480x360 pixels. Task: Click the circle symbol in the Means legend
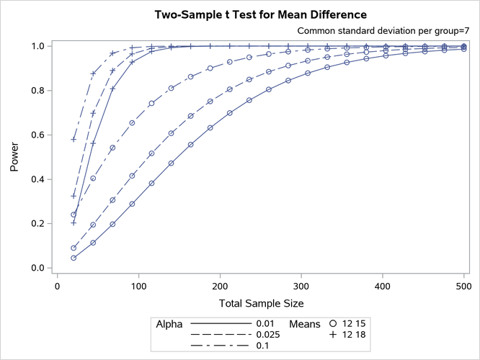tap(333, 324)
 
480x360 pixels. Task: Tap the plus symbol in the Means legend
tap(333, 336)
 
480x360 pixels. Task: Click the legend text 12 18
tap(355, 336)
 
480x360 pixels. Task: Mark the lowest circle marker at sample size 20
tap(74, 258)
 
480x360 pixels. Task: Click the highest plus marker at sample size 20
tap(74, 139)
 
